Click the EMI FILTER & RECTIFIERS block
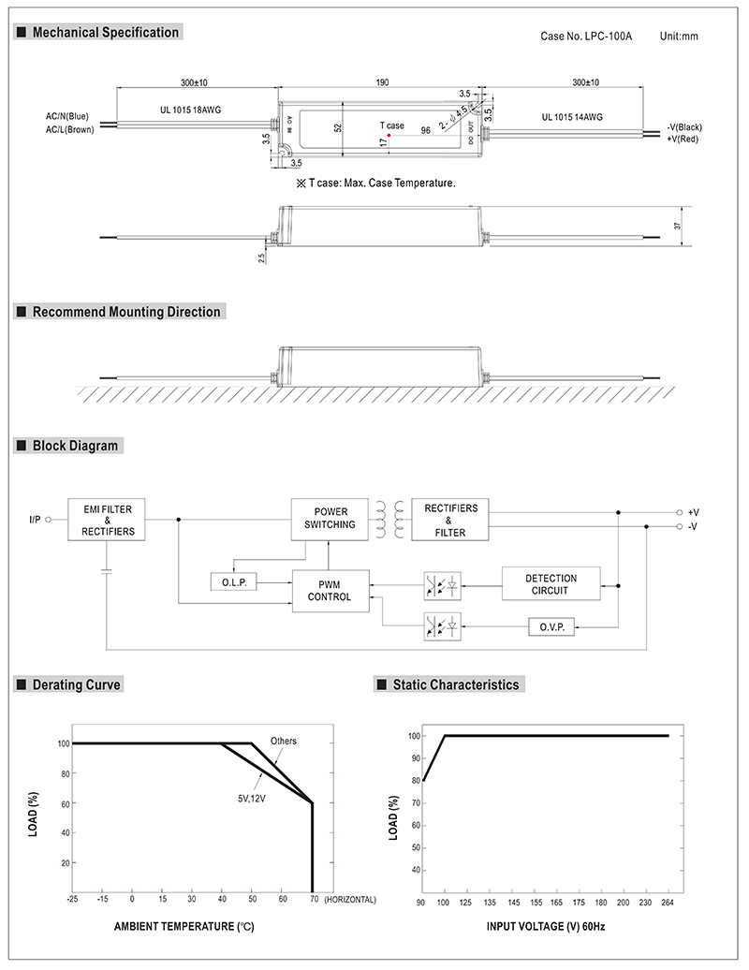108,520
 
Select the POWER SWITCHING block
330,519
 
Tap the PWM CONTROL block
330,590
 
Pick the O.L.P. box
233,582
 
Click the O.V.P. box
551,626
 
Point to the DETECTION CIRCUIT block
551,584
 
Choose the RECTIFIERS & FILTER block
450,520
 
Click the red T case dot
389,137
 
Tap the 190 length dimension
383,83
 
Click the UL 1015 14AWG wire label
571,117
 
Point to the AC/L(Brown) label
69,129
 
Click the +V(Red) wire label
684,139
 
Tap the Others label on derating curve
284,741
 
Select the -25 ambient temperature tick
72,899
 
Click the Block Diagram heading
75,446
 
